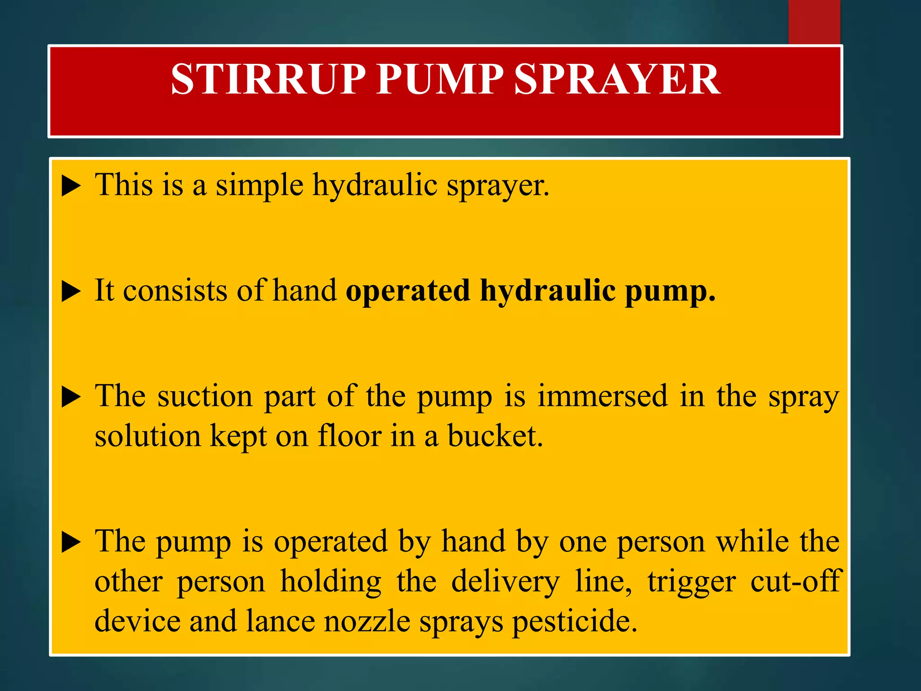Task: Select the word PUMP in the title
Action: point(440,79)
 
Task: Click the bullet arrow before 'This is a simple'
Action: point(71,186)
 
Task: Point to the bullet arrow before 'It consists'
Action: point(71,292)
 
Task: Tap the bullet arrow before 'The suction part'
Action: point(71,398)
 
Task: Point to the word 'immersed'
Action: point(603,397)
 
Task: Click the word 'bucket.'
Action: point(495,436)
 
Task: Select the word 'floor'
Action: point(349,436)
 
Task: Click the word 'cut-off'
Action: point(795,581)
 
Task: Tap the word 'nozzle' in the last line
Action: point(367,622)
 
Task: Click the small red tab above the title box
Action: point(814,22)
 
